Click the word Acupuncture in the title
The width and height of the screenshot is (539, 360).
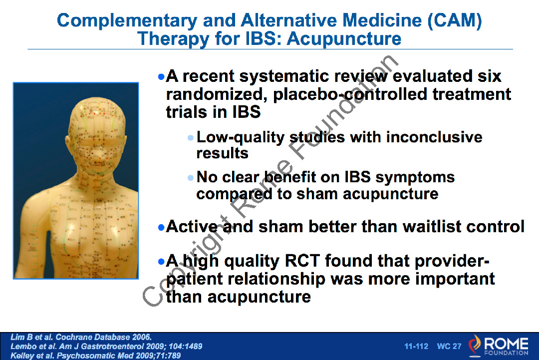click(344, 38)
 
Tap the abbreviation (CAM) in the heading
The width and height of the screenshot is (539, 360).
click(455, 20)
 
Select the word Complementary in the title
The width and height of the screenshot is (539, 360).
click(127, 20)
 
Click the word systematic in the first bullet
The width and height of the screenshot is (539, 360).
click(284, 76)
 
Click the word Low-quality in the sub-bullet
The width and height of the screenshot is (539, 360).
click(240, 137)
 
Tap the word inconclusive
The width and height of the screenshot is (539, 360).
click(434, 137)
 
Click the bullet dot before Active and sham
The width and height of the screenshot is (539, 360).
click(161, 227)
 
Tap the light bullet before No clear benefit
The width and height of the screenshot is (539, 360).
click(191, 178)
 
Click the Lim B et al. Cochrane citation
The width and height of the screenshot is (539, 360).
click(81, 337)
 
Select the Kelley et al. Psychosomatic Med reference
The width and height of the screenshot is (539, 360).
click(95, 355)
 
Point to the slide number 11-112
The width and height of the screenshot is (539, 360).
click(416, 346)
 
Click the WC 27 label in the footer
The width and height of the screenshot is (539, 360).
click(449, 346)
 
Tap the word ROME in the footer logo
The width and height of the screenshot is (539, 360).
click(506, 344)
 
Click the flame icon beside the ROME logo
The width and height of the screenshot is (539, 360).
click(475, 345)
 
